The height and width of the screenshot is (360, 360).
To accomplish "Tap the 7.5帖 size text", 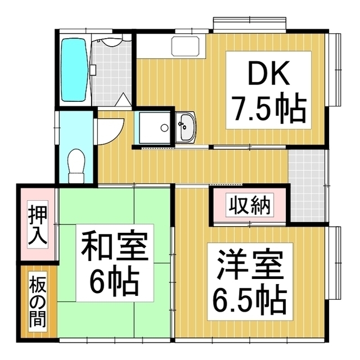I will coord(268,109).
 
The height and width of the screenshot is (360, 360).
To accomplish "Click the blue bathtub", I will coord(73,70).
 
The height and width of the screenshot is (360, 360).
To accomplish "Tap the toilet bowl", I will coord(75,164).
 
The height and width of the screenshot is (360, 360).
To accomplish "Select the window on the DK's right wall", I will coord(336,70).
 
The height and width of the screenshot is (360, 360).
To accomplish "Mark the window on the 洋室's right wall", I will coord(336,264).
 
